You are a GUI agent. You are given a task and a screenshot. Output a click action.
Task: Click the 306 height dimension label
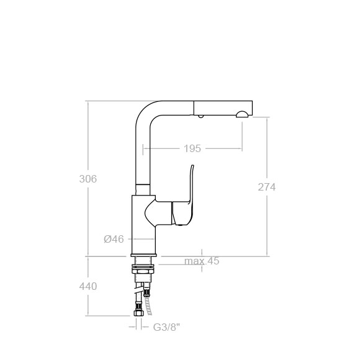point(88,179)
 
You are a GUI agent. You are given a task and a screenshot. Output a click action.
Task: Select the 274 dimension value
point(266,187)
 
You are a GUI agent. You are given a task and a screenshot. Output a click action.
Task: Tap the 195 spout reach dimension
point(192,148)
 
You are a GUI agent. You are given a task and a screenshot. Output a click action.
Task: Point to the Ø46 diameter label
point(114,239)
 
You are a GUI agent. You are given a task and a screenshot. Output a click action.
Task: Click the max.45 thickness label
point(202,261)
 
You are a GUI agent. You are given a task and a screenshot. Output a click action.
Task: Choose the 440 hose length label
point(88,286)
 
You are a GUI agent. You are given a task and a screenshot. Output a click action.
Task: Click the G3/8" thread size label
point(166,327)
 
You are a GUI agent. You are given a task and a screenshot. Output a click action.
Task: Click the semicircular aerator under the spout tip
point(242,114)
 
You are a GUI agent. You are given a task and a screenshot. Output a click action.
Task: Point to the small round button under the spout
point(201,116)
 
